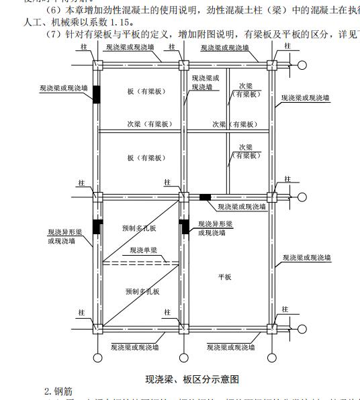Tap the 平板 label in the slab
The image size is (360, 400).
[224, 277]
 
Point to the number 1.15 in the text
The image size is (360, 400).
[108, 21]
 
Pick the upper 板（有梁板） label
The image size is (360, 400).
[146, 91]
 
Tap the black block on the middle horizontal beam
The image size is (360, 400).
[205, 197]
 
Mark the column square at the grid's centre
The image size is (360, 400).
[183, 197]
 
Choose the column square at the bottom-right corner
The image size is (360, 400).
[272, 329]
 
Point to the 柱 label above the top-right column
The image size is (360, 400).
[287, 46]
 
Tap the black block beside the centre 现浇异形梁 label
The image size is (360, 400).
[185, 227]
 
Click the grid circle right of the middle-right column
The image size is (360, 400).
[303, 197]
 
